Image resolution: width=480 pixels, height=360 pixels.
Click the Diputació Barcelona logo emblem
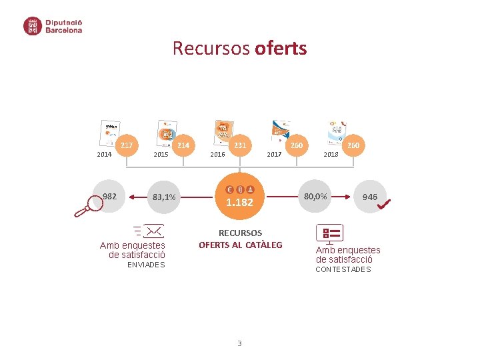coord(33,26)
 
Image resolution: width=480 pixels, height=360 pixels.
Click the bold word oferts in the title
coord(281,49)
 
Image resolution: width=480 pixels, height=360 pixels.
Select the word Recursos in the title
coord(211,49)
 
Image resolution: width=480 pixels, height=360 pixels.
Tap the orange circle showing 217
coord(126,145)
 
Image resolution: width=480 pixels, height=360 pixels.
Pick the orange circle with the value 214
coord(183,145)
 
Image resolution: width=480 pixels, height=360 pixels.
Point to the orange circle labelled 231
coord(240,145)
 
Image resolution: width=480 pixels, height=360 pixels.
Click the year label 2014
coord(105,155)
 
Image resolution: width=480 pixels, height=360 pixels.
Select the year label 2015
coord(161,155)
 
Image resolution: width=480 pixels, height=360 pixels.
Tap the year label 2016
coord(217,155)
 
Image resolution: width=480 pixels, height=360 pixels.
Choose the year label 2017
coord(274,155)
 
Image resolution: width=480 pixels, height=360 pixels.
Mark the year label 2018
coord(331,155)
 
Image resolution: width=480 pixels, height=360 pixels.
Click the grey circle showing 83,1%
coord(164,197)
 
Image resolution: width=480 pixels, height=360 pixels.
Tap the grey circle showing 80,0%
coord(315,197)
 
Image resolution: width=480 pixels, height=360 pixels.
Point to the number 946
coord(369,197)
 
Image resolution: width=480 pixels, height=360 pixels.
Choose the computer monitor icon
coord(329,234)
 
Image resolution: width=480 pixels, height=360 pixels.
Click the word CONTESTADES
coord(343,269)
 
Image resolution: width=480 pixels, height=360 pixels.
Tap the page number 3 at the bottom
coord(239,344)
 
